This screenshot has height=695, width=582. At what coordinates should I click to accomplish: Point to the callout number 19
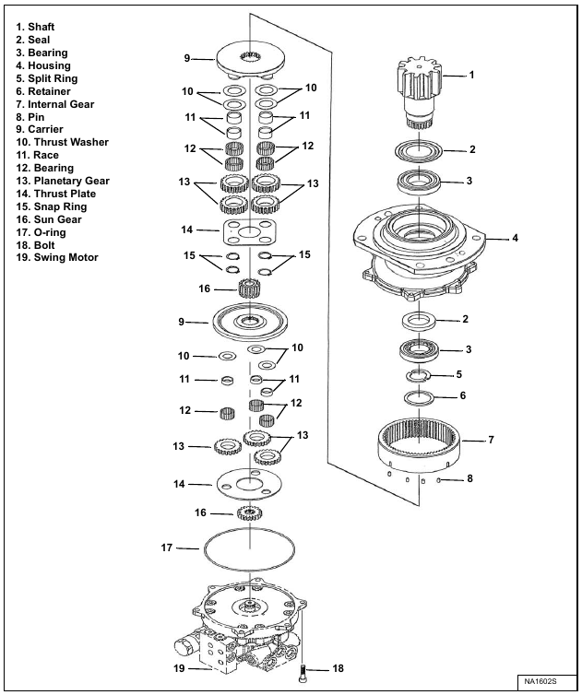(x=180, y=667)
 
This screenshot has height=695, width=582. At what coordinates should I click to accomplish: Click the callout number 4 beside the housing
(x=515, y=238)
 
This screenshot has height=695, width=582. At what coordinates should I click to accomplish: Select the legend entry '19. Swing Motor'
(x=57, y=258)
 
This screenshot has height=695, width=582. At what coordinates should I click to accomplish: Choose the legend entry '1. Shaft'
(x=38, y=28)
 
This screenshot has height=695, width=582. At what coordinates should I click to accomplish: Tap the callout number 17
(x=167, y=548)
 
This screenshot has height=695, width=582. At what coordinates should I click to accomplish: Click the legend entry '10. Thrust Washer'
(x=62, y=143)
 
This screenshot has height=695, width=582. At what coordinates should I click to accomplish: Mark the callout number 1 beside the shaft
(x=471, y=75)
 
